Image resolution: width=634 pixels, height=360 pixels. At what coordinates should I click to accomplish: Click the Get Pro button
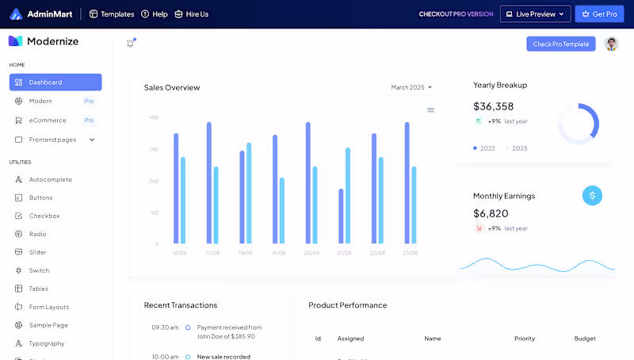[599, 14]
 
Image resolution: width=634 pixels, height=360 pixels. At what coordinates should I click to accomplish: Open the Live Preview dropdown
[535, 14]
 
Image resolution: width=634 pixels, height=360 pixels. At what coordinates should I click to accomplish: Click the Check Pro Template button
[560, 44]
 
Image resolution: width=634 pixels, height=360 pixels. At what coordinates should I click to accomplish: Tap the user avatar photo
[611, 44]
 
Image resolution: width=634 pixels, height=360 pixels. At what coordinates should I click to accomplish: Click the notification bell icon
[131, 44]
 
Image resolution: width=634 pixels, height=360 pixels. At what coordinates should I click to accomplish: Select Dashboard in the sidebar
[55, 82]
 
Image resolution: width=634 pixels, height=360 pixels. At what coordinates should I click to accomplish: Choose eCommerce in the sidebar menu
[48, 121]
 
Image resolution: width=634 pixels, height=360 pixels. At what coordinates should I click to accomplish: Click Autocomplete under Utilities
[50, 180]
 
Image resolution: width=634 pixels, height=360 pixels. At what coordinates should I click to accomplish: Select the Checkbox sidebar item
[44, 216]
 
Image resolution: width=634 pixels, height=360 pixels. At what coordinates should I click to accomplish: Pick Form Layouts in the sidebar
[48, 307]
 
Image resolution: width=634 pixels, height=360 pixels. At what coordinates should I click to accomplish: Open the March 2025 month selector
[412, 87]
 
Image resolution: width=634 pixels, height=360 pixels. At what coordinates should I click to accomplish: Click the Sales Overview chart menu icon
[430, 110]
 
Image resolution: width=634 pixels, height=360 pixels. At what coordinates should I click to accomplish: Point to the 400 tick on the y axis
[154, 117]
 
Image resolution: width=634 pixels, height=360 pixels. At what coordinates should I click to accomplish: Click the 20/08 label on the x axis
[311, 253]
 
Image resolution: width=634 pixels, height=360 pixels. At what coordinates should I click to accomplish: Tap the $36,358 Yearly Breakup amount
[493, 106]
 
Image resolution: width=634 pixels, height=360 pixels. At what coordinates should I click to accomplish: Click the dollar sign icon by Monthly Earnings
[592, 195]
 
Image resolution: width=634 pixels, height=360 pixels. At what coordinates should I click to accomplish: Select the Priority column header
[525, 339]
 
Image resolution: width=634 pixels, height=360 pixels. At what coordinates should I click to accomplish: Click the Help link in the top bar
[155, 14]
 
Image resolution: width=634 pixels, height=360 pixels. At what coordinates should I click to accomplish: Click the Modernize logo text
[52, 41]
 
